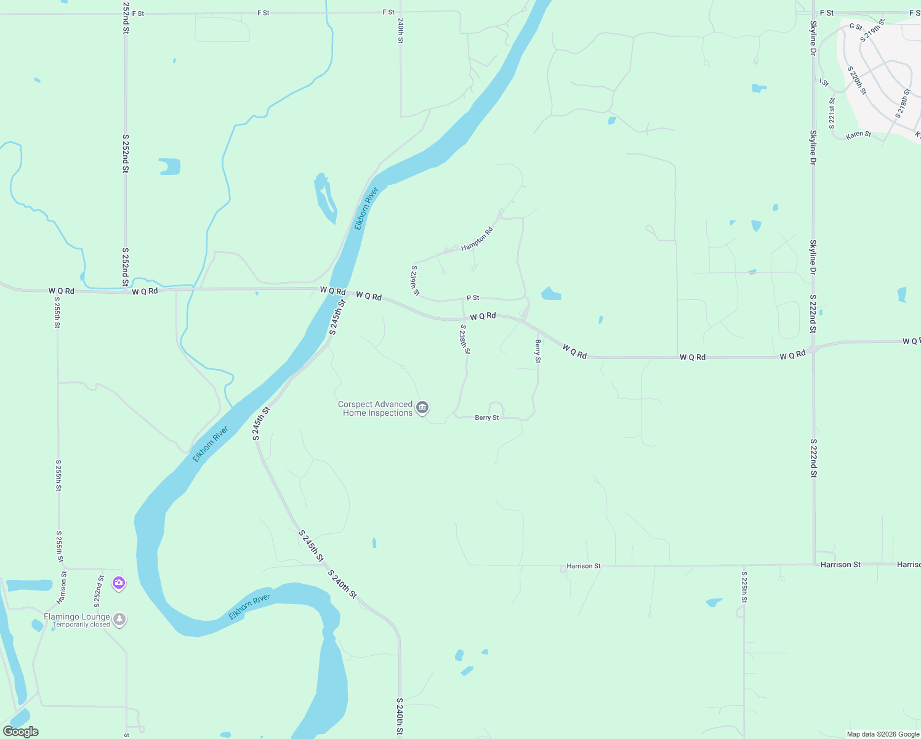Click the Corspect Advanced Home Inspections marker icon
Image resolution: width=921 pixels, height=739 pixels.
[422, 408]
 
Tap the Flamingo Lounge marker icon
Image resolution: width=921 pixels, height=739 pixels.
[120, 620]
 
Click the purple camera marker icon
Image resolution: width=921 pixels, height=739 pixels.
[119, 583]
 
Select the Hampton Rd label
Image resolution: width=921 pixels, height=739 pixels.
[477, 239]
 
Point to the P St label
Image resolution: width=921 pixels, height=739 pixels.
[473, 298]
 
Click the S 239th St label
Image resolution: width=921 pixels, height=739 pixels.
[416, 280]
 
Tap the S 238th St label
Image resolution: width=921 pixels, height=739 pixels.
[465, 339]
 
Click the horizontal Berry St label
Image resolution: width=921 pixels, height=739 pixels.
[487, 418]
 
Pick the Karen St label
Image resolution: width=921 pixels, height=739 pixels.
[858, 135]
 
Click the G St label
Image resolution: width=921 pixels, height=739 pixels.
[856, 27]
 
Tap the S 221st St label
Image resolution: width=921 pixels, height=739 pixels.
[832, 112]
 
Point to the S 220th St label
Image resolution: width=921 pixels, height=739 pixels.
[856, 81]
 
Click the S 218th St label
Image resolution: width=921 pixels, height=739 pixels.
[903, 103]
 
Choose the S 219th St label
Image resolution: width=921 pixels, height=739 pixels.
[872, 30]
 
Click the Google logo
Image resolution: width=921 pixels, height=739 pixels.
[21, 732]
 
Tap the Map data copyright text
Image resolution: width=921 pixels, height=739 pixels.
[883, 734]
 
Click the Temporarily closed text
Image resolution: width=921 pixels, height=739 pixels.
[81, 624]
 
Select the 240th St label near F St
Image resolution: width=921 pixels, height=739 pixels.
[400, 30]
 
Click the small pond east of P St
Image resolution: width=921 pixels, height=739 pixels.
[550, 294]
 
